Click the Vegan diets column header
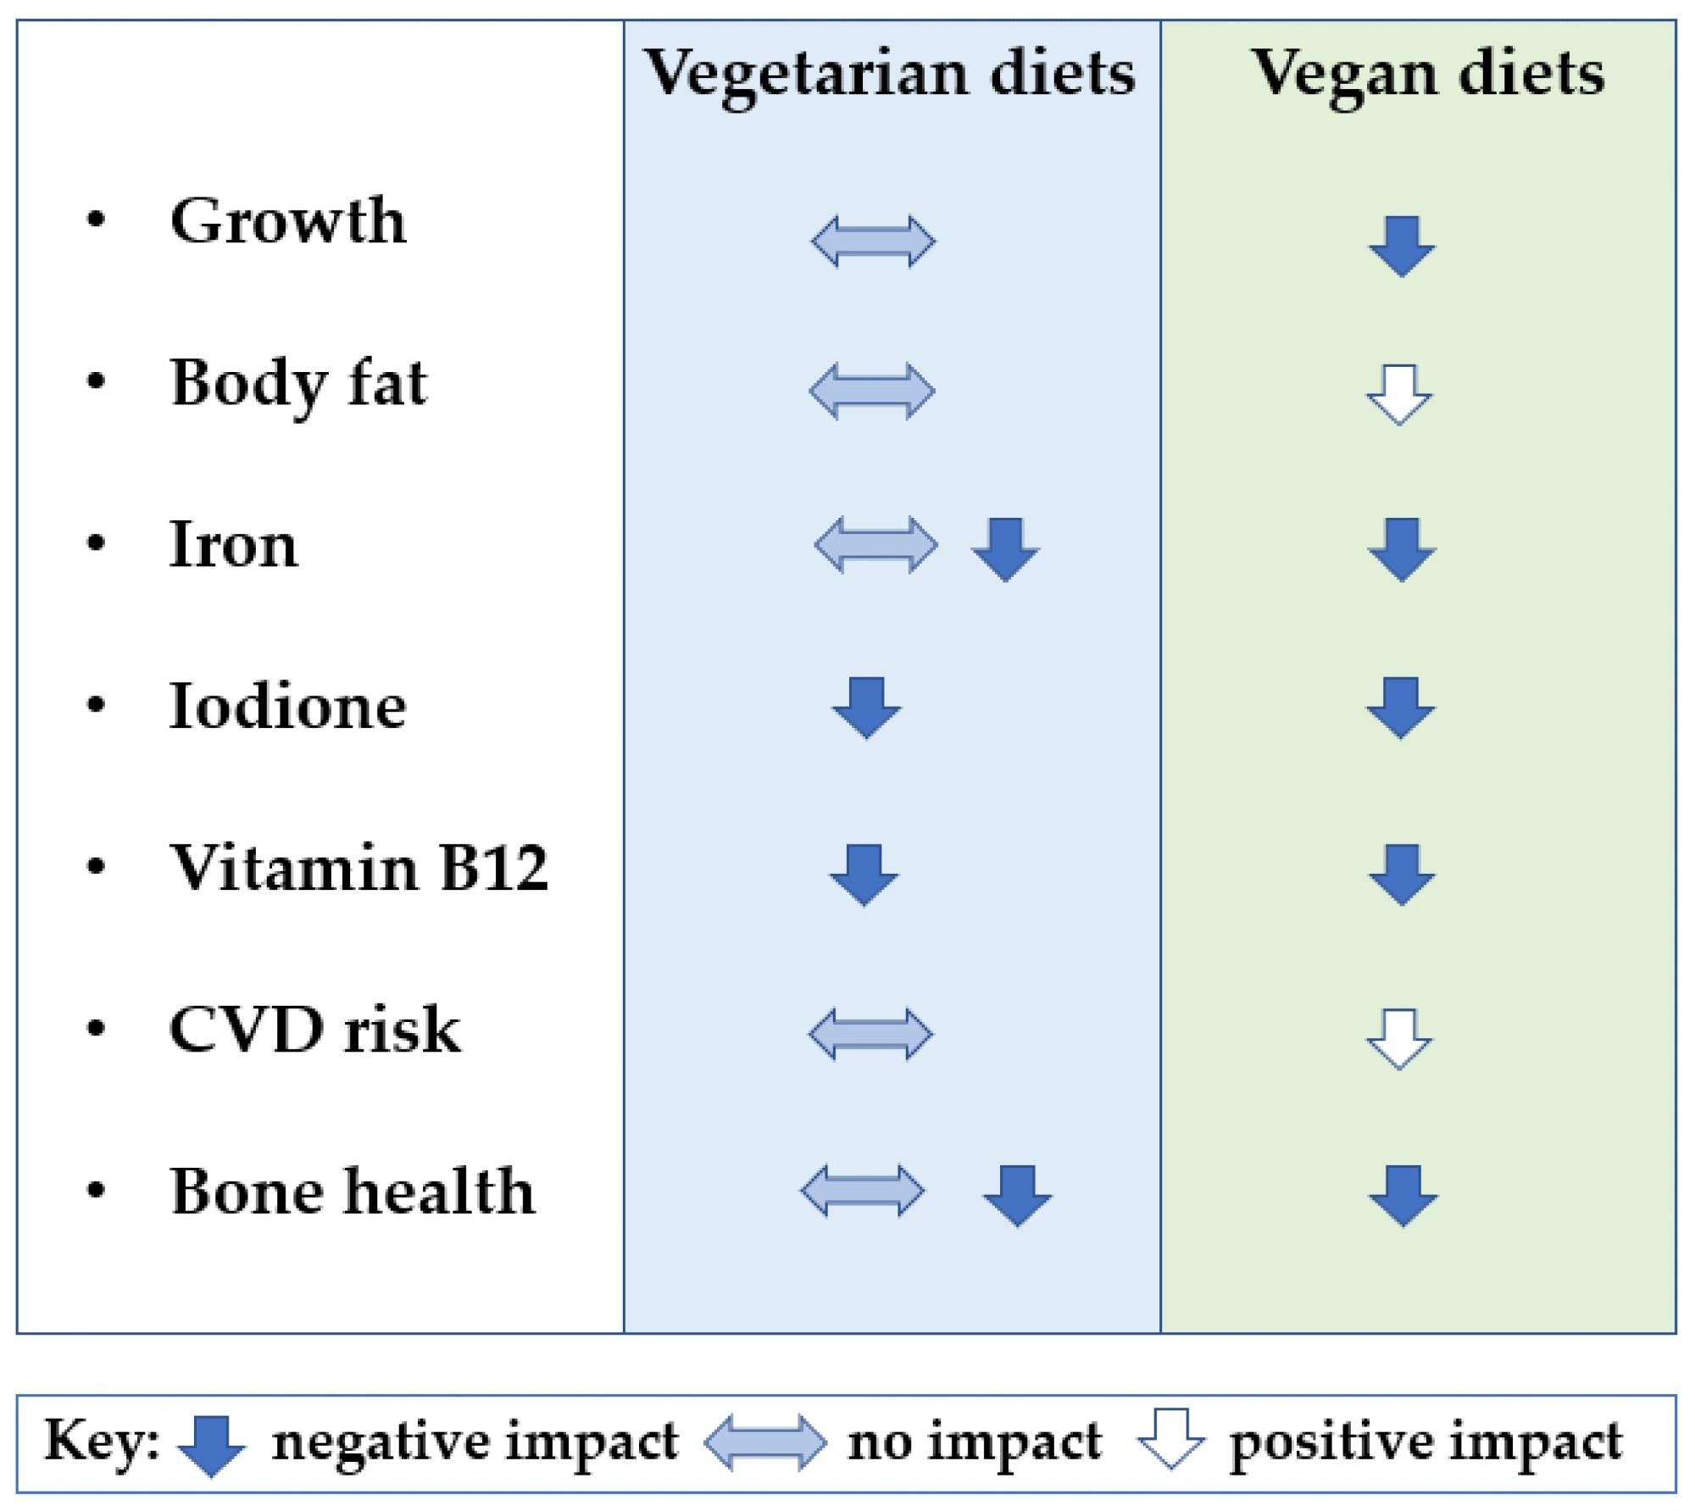(1428, 75)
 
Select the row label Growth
(288, 220)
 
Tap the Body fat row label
(298, 383)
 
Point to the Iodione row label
(288, 706)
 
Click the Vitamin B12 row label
(359, 868)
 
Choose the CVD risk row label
(314, 1030)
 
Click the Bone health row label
(353, 1192)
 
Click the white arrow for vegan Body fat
(1399, 394)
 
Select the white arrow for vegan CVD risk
(1399, 1038)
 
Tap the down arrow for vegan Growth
(1402, 246)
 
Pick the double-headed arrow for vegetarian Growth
(873, 242)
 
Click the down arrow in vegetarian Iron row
(1005, 549)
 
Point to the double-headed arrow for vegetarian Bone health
(863, 1192)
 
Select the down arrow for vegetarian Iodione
(866, 707)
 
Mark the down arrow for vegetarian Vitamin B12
(864, 874)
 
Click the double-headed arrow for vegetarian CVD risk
(870, 1034)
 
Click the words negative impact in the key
(475, 1441)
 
